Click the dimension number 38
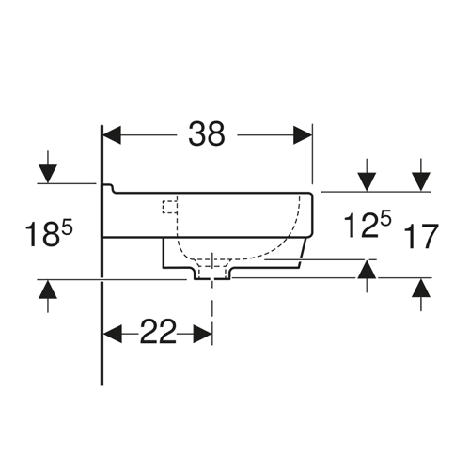[x=207, y=134]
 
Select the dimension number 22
[x=158, y=332]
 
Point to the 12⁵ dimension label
[x=368, y=224]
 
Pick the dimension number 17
[x=421, y=236]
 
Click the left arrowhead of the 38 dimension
[x=112, y=135]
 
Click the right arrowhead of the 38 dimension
[x=303, y=135]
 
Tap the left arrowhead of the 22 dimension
[x=113, y=334]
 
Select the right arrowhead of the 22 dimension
[x=203, y=334]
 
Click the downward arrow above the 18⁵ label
[x=48, y=167]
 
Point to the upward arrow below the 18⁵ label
[x=48, y=296]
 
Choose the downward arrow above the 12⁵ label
[x=367, y=175]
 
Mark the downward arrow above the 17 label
[x=421, y=175]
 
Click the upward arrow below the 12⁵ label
[x=367, y=276]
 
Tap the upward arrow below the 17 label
[x=421, y=295]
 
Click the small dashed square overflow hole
[x=170, y=207]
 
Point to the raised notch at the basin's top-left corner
[x=108, y=188]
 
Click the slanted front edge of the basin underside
[x=303, y=253]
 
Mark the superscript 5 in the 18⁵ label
[x=68, y=227]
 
